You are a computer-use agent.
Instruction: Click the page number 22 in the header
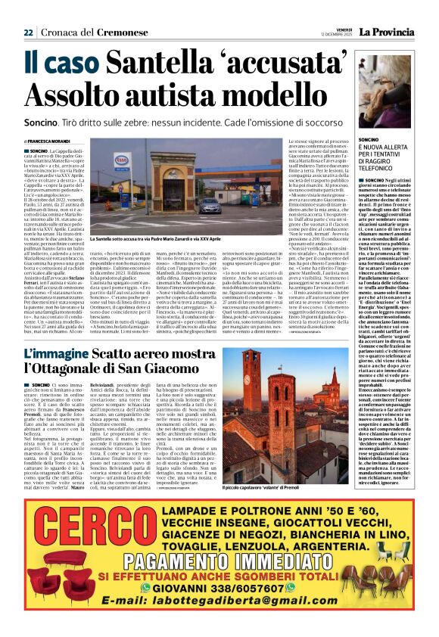28,33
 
